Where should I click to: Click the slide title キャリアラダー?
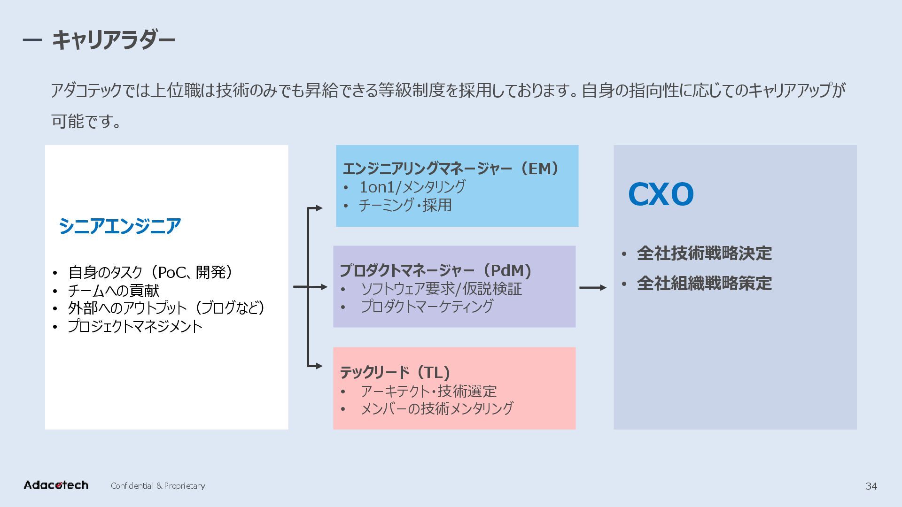coord(113,39)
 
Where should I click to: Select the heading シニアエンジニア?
coord(120,226)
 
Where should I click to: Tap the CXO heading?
coord(661,194)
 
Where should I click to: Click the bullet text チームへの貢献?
coord(113,291)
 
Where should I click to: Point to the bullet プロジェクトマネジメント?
coord(135,326)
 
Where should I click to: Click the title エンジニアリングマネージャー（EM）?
coord(451,169)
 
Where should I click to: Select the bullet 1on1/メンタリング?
coord(412,187)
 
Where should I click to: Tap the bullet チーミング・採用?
coord(405,205)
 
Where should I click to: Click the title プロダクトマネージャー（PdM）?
coord(435,270)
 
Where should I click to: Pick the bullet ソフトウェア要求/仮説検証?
coord(441,289)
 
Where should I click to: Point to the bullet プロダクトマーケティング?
coord(427,307)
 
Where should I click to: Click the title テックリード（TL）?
coord(395,372)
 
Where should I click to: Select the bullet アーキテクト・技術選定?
coord(428,391)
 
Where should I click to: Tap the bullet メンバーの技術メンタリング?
coord(436,408)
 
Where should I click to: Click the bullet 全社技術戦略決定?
coord(704,253)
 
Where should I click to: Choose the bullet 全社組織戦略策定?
coord(704,284)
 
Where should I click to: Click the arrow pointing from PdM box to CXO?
coord(593,287)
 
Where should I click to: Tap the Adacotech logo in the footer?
coord(56,485)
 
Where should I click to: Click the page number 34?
coord(871,486)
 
